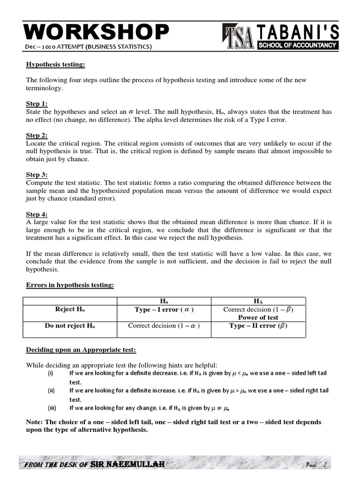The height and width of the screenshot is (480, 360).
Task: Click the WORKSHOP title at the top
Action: (96, 32)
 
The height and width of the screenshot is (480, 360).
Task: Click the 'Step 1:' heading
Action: (37, 104)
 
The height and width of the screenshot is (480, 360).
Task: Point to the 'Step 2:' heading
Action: (37, 135)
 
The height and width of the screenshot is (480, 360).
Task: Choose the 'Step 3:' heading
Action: (37, 175)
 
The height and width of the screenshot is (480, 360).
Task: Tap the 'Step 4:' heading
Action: (37, 214)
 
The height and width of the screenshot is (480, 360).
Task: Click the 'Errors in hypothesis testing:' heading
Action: (70, 285)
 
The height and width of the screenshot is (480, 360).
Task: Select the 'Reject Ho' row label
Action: (70, 309)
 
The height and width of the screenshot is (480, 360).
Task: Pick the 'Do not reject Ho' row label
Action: (70, 326)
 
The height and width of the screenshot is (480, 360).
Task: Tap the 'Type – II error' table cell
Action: (258, 326)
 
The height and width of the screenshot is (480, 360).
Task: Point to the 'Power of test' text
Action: (258, 317)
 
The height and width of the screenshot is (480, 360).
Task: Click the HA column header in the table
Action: (258, 301)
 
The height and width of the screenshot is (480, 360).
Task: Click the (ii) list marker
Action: (51, 390)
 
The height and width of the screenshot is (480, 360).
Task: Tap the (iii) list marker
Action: (51, 408)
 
